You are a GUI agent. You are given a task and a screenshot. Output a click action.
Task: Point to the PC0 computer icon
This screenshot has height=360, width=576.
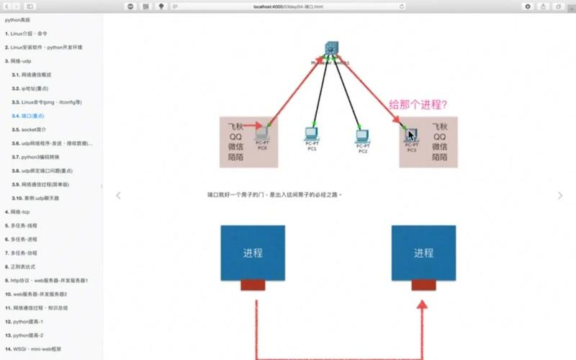(x=262, y=132)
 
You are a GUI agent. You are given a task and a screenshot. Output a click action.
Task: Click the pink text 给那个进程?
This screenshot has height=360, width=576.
(x=418, y=104)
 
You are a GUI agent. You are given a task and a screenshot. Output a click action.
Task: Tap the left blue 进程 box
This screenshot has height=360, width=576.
(x=253, y=253)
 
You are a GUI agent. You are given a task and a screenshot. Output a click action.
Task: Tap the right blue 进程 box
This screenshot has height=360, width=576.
(x=423, y=253)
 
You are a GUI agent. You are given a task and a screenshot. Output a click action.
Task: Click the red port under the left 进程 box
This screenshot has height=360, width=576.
(x=253, y=286)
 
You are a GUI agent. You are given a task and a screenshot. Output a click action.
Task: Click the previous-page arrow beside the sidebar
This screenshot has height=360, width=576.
(x=119, y=195)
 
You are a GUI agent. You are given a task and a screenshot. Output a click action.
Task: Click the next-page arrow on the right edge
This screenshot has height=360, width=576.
(x=560, y=195)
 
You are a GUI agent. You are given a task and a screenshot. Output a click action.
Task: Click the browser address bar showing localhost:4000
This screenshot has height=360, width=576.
(x=288, y=6)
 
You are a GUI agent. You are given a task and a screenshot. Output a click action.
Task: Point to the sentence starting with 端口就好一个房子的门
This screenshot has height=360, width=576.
(x=274, y=195)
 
